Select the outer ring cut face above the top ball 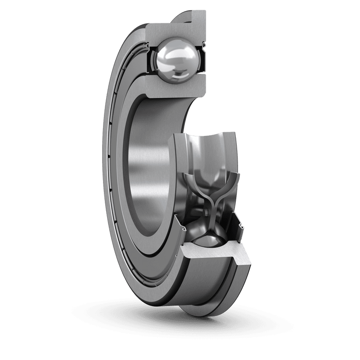(x=175, y=30)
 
